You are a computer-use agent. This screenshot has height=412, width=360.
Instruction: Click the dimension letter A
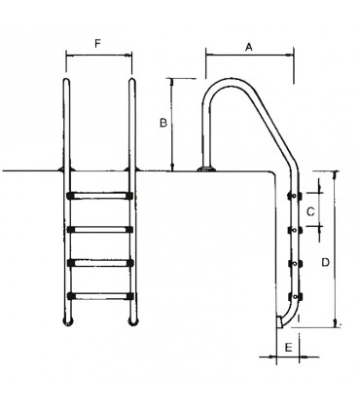(249, 45)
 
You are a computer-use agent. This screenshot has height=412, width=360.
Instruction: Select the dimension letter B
(164, 123)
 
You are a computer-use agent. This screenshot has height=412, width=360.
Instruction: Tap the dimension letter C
(310, 209)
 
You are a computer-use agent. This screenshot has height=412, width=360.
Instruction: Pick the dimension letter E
(288, 345)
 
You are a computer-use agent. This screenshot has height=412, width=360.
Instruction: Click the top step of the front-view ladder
(100, 196)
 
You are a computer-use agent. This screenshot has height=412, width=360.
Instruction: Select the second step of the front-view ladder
(100, 229)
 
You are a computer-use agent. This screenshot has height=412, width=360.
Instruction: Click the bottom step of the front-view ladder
(100, 293)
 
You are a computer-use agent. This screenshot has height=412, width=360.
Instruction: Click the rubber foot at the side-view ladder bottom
(282, 320)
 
